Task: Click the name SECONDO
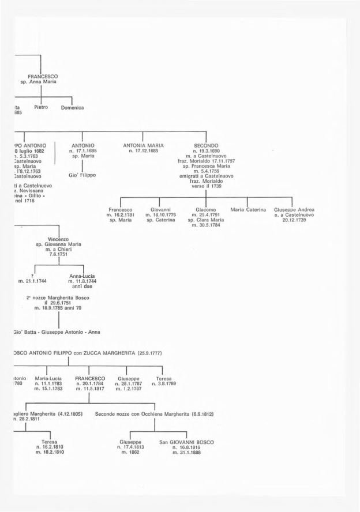pos(206,146)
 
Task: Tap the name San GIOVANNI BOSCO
pos(186,442)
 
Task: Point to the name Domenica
pos(73,108)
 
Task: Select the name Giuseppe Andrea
pos(294,209)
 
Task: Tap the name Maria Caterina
pos(248,209)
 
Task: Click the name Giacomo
pos(206,209)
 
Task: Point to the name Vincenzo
pos(58,239)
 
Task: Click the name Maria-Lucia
pos(48,378)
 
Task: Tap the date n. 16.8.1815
pos(186,447)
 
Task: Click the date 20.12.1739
pos(294,220)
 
